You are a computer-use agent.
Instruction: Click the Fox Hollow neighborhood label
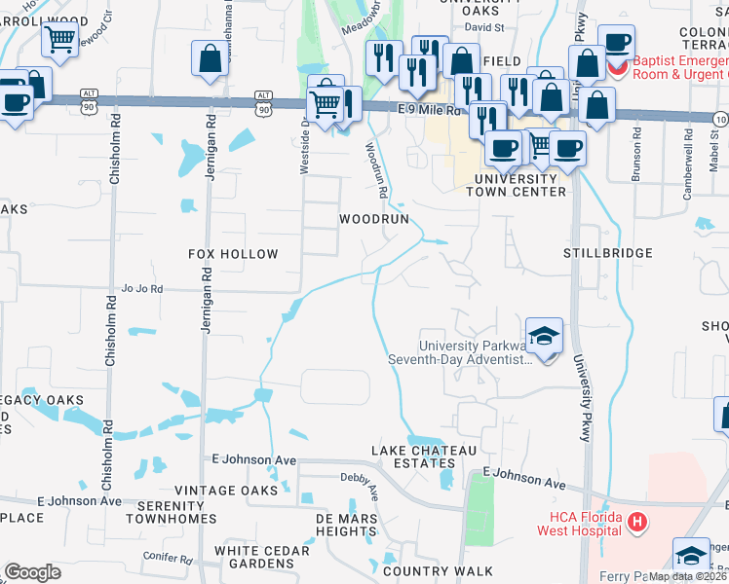pyautogui.click(x=233, y=254)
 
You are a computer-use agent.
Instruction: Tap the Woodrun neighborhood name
pyautogui.click(x=373, y=220)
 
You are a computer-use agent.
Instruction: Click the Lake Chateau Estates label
pyautogui.click(x=424, y=457)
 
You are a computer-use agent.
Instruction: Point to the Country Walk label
pyautogui.click(x=438, y=571)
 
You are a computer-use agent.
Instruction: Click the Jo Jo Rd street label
pyautogui.click(x=141, y=289)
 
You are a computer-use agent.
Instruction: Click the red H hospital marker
pyautogui.click(x=637, y=524)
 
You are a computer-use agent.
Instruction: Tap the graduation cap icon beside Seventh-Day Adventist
pyautogui.click(x=545, y=336)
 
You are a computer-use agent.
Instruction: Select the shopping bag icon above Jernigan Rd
pyautogui.click(x=210, y=58)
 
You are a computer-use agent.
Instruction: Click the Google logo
pyautogui.click(x=32, y=572)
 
